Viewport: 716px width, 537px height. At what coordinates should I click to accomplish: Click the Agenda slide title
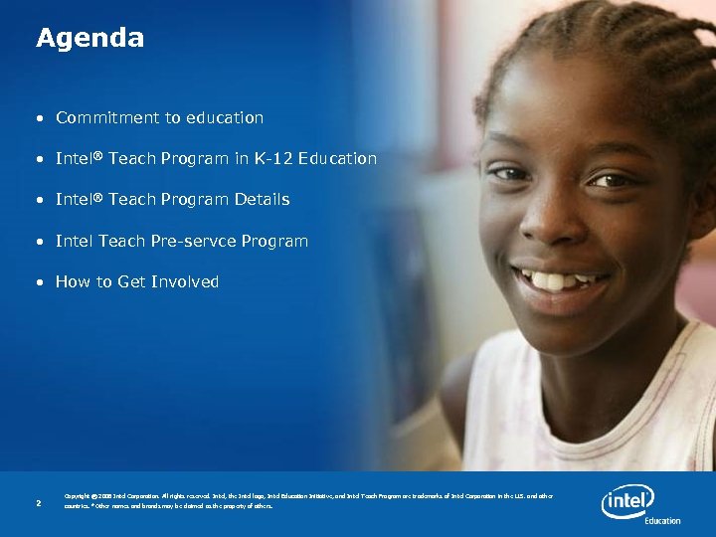point(89,38)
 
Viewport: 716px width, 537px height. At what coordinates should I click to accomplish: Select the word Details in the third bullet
point(263,199)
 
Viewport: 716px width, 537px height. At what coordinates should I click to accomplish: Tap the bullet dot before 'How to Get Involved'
point(41,282)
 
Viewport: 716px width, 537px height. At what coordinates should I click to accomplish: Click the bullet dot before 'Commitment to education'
point(41,118)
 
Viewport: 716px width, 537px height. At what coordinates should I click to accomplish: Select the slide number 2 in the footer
point(38,503)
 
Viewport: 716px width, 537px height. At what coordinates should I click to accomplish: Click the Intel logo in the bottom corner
point(627,500)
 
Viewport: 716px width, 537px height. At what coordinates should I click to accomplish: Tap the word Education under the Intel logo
point(662,520)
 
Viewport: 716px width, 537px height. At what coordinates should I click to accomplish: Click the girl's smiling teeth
point(560,280)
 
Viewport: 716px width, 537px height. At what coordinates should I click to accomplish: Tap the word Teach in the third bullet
point(130,199)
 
